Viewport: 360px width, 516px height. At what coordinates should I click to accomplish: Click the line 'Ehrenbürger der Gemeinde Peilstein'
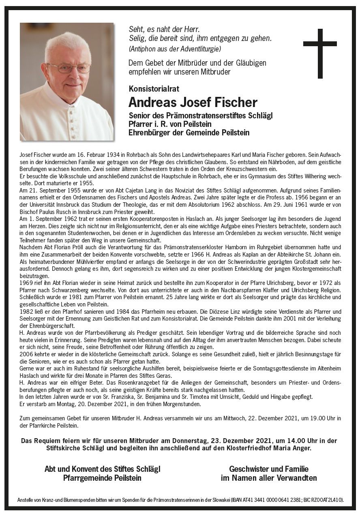(x=189, y=133)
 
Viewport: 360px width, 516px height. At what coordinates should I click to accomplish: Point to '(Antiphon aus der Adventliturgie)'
(x=174, y=49)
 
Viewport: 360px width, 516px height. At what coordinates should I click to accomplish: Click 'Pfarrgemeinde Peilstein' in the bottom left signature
(x=102, y=478)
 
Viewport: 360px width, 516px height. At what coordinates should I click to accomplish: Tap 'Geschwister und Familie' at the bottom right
(x=268, y=469)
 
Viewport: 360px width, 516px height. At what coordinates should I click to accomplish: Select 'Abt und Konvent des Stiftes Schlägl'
(x=102, y=469)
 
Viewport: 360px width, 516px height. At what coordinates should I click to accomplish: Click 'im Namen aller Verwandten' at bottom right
(x=268, y=478)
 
